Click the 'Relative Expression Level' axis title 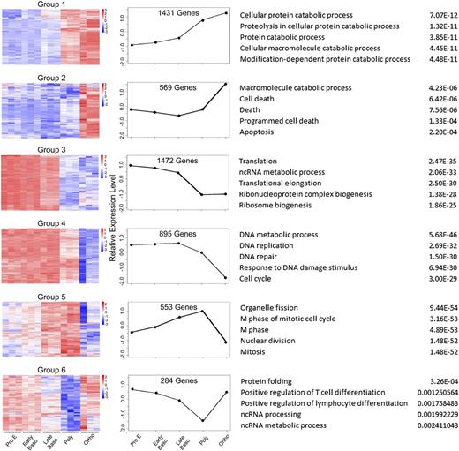coord(114,225)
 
